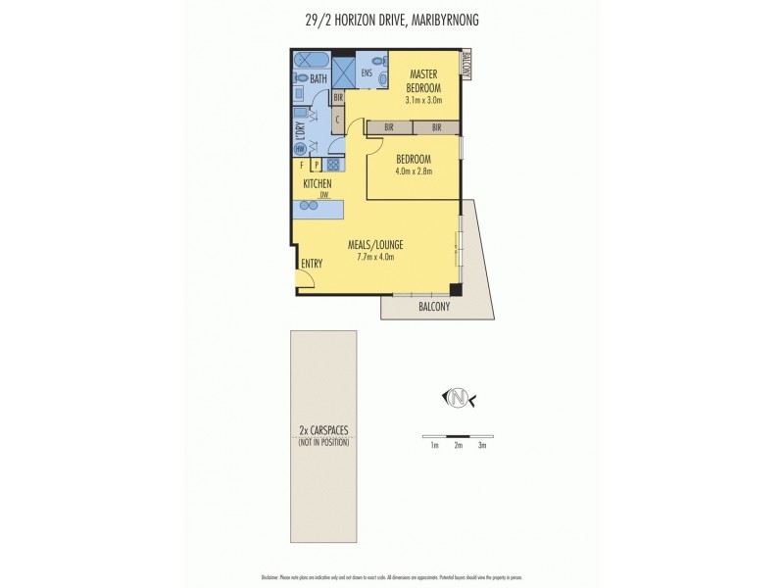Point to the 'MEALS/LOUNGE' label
pyautogui.click(x=376, y=244)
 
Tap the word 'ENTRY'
pyautogui.click(x=313, y=263)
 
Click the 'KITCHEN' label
pyautogui.click(x=317, y=183)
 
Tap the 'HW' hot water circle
pyautogui.click(x=300, y=149)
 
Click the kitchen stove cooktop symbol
pyautogui.click(x=333, y=166)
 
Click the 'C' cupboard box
pyautogui.click(x=336, y=120)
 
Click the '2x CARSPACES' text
pyautogui.click(x=323, y=431)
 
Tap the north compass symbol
pyautogui.click(x=458, y=397)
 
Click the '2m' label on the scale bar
pyautogui.click(x=458, y=445)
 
